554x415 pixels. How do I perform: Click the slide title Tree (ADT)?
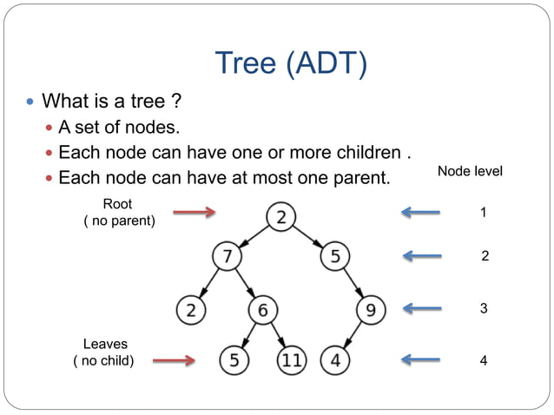[290, 63]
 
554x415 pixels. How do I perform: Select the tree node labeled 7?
[228, 257]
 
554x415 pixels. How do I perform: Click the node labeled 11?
[293, 359]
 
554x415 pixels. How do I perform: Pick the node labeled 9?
[371, 309]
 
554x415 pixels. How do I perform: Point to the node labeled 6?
[263, 309]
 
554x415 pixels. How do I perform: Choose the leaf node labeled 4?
[335, 359]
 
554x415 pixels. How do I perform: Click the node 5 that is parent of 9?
[334, 257]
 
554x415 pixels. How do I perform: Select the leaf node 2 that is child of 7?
[189, 309]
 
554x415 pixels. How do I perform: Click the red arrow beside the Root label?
[195, 212]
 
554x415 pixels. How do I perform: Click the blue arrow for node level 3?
[422, 308]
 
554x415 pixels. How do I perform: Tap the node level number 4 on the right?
[483, 360]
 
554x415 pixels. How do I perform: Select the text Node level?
[470, 172]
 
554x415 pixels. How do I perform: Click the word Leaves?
[104, 345]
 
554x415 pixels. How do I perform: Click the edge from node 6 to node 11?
[278, 334]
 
